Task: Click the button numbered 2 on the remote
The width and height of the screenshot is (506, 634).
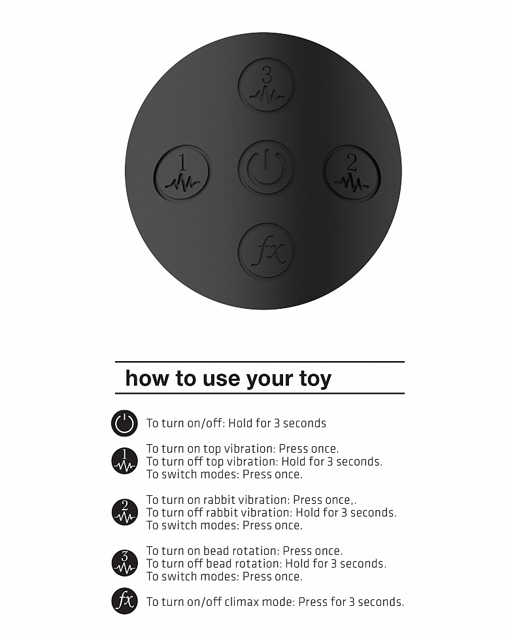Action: [352, 174]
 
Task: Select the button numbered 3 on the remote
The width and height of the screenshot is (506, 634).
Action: [266, 87]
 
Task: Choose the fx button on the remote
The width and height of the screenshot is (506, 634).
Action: [266, 251]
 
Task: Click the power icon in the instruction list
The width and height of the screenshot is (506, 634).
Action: [124, 423]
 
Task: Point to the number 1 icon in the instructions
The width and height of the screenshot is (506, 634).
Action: [124, 461]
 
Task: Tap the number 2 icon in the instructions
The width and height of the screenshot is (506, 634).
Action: [124, 512]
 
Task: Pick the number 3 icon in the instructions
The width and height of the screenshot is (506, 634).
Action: [124, 563]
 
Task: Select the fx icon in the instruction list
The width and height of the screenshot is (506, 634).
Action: [124, 601]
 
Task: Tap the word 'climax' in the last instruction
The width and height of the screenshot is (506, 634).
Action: [241, 602]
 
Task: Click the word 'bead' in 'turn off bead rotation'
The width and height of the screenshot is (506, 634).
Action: [218, 563]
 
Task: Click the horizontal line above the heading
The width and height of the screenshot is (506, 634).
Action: [260, 361]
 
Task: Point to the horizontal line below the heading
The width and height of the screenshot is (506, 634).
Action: [260, 393]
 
